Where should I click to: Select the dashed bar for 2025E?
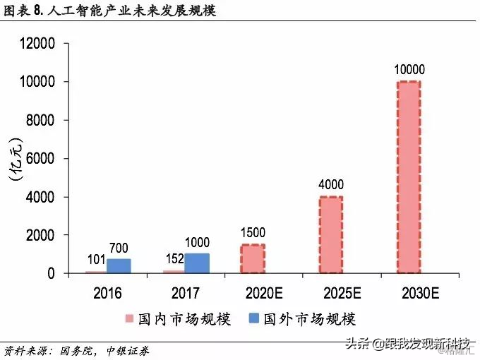[x=330, y=234]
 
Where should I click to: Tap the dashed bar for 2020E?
[x=253, y=258]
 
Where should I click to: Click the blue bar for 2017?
[x=197, y=263]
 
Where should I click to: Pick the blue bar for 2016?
[x=119, y=266]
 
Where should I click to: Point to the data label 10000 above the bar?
[x=408, y=69]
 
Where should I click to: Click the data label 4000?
[x=330, y=185]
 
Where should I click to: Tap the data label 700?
[x=119, y=248]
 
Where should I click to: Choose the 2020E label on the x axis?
[x=253, y=292]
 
